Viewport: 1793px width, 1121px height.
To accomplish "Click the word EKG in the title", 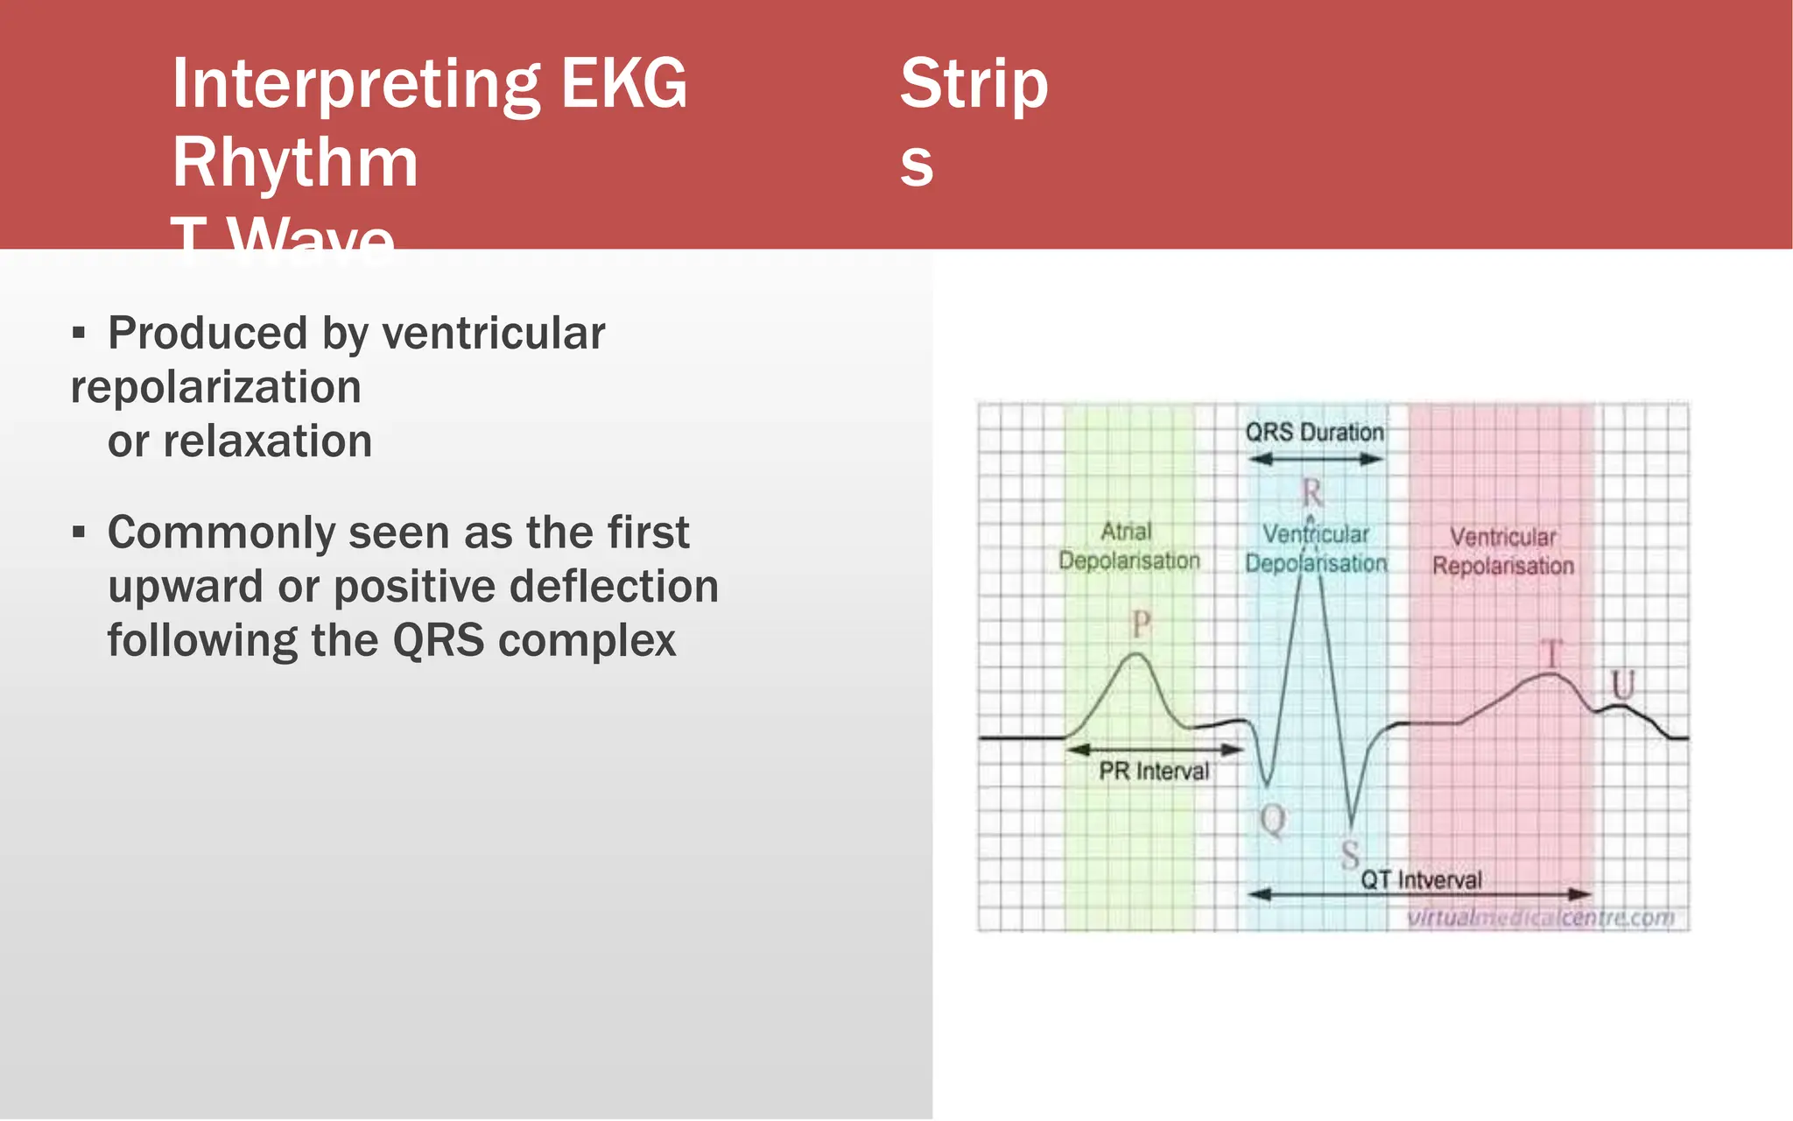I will click(x=623, y=84).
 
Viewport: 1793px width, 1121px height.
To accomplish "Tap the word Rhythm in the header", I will click(x=295, y=163).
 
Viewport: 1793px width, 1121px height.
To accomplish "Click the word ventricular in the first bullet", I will click(x=493, y=334).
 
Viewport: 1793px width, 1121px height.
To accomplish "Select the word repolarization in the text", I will click(x=215, y=387).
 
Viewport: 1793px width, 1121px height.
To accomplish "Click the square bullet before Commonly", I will click(x=79, y=532).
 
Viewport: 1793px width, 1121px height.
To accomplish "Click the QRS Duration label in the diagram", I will click(x=1314, y=433).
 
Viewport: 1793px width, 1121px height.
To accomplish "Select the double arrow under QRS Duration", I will click(x=1315, y=459).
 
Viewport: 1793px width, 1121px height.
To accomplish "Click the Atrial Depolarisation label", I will click(x=1129, y=546).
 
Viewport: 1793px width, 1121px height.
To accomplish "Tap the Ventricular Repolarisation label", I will click(x=1502, y=551).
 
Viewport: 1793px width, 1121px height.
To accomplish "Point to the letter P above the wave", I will click(x=1140, y=624).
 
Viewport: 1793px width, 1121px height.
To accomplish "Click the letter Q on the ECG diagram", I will click(x=1272, y=821).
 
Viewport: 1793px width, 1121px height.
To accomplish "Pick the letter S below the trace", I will click(x=1350, y=854).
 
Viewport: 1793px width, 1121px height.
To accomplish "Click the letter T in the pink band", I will click(x=1550, y=653).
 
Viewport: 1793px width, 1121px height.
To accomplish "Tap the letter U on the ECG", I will click(x=1623, y=684).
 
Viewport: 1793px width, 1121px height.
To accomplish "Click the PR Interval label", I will click(x=1153, y=772).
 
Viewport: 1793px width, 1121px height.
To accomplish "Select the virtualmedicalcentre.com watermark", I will click(x=1539, y=918).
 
